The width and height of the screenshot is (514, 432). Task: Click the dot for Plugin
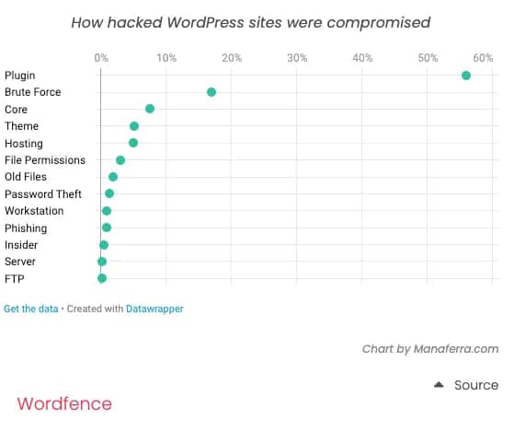(x=466, y=76)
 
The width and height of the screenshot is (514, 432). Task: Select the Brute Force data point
(x=211, y=92)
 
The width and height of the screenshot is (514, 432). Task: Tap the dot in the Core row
(x=150, y=109)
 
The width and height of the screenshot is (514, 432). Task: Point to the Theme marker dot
(x=134, y=126)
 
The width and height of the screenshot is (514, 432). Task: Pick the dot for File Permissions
(x=120, y=160)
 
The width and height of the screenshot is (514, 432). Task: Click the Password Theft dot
(x=109, y=193)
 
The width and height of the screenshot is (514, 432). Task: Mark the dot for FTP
(x=102, y=278)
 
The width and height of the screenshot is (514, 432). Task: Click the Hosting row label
(x=24, y=144)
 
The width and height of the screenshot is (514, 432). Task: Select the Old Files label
(x=26, y=177)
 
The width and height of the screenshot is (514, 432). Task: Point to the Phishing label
(x=26, y=228)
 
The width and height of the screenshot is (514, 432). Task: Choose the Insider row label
(x=21, y=245)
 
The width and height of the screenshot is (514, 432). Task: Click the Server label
(x=20, y=262)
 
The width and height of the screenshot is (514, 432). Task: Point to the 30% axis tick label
(x=297, y=58)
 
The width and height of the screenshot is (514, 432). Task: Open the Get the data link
(x=31, y=309)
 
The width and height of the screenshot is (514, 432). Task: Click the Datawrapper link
(x=154, y=309)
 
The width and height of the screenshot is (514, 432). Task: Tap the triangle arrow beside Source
(x=440, y=385)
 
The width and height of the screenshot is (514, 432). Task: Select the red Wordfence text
(x=64, y=403)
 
